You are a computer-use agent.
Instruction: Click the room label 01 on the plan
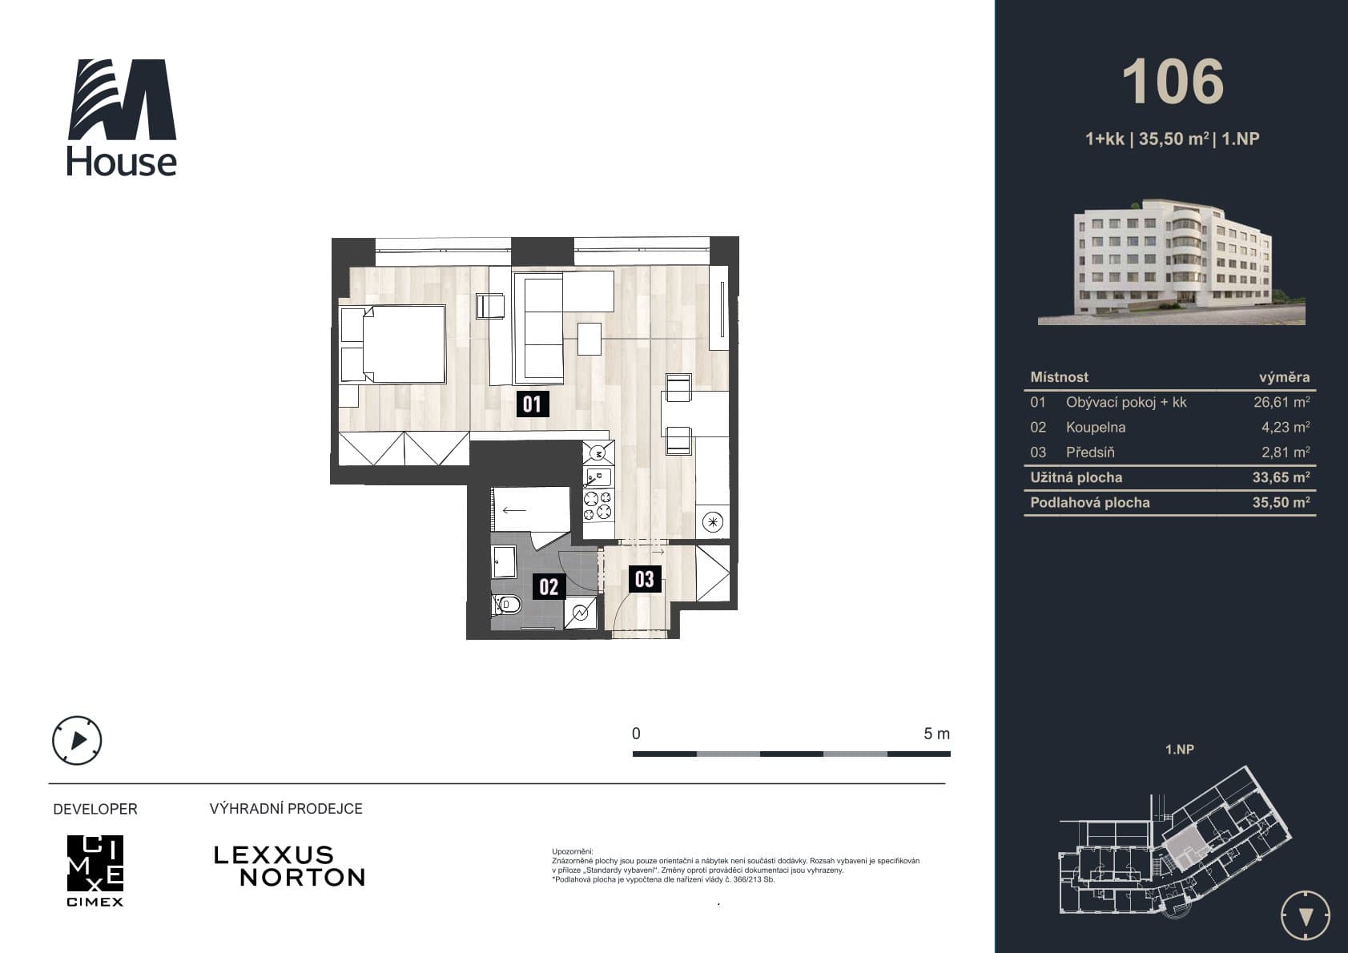[x=533, y=404]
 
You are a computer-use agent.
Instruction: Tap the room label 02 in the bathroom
[x=549, y=586]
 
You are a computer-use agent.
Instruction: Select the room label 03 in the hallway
[x=645, y=579]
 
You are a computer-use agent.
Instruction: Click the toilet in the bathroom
[x=507, y=604]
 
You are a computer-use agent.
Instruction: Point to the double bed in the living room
[x=393, y=344]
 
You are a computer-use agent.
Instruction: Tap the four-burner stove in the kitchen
[x=598, y=505]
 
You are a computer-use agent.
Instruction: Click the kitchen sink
[x=598, y=478]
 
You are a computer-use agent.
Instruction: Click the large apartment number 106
[x=1173, y=82]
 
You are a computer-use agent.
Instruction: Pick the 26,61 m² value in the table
[x=1282, y=402]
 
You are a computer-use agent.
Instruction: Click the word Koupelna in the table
[x=1095, y=427]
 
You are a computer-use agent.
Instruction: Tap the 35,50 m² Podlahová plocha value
[x=1282, y=502]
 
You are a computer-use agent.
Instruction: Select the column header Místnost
[x=1059, y=377]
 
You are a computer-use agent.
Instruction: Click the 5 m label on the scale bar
[x=936, y=734]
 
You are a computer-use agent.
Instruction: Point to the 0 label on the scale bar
[x=636, y=734]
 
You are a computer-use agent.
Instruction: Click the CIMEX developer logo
[x=95, y=871]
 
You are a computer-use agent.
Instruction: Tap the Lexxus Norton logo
[x=289, y=867]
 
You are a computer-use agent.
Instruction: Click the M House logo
[x=122, y=117]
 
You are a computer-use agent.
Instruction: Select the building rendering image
[x=1171, y=262]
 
